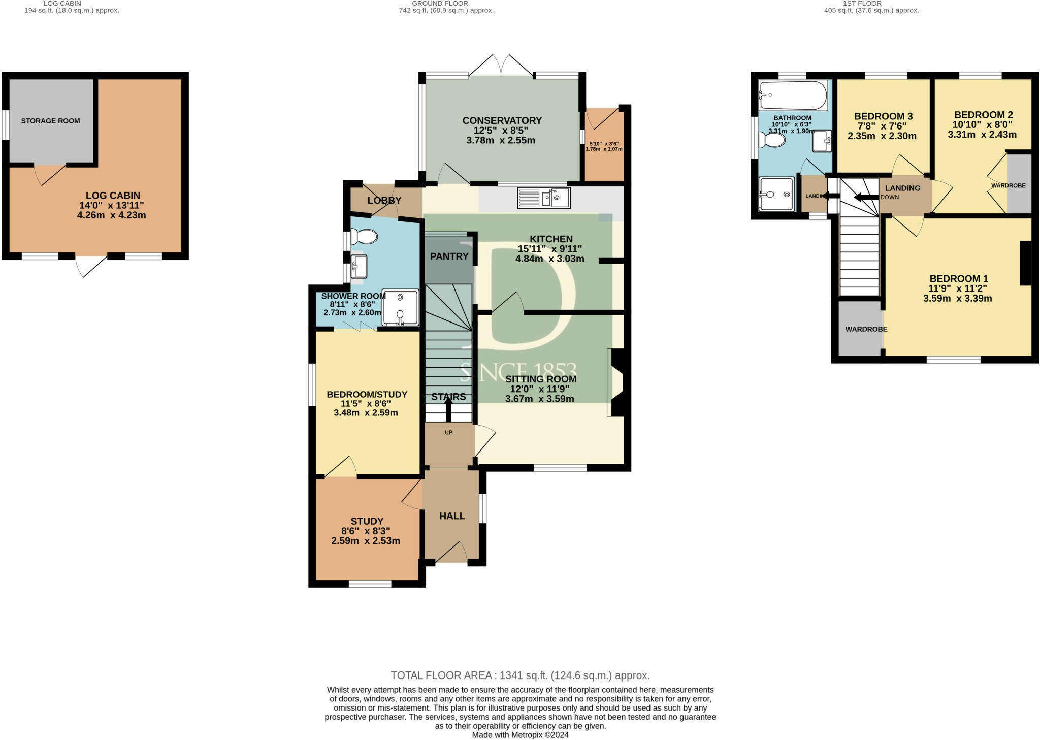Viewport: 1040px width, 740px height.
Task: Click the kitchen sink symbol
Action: click(544, 198)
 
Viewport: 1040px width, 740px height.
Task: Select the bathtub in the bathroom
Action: click(793, 95)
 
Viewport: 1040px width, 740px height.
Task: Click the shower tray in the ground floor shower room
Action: click(400, 307)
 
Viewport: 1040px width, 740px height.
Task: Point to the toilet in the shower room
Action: click(364, 237)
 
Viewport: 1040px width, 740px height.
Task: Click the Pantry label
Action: click(449, 256)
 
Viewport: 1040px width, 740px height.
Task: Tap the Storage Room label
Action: click(51, 121)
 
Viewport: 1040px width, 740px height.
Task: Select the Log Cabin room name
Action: click(113, 196)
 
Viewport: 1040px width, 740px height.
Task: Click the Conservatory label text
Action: click(502, 120)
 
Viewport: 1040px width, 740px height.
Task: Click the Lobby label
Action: click(384, 200)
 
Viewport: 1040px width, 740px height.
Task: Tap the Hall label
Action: click(452, 516)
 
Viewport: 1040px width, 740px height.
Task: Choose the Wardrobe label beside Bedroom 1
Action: click(866, 329)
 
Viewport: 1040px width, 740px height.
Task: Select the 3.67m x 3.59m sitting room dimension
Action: click(539, 399)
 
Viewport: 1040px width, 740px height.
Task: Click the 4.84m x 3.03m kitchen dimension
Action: click(549, 259)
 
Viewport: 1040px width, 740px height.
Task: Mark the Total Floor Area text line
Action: click(520, 675)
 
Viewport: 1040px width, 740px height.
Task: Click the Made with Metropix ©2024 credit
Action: click(520, 735)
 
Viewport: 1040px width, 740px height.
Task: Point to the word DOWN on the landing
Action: click(890, 197)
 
